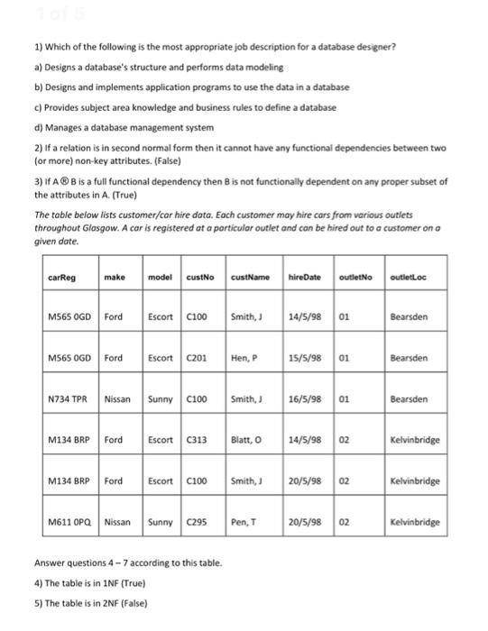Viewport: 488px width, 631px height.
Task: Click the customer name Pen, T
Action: (244, 522)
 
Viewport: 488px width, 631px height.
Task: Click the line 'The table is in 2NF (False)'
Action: (89, 602)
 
